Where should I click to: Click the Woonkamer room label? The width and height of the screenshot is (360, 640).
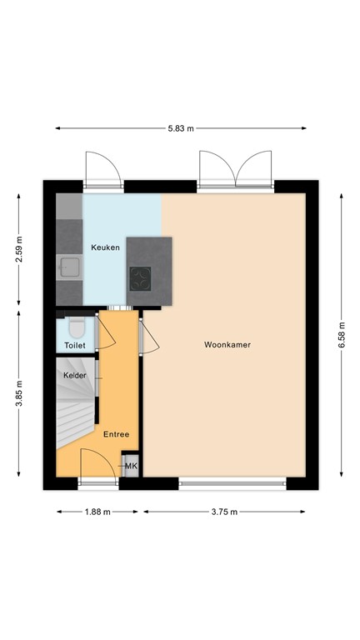(x=227, y=344)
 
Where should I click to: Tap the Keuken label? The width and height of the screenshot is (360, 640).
(x=105, y=247)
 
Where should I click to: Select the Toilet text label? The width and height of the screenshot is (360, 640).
(x=75, y=344)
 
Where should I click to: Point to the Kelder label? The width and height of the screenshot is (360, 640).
(x=75, y=375)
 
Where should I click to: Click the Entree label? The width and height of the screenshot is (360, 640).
(x=116, y=434)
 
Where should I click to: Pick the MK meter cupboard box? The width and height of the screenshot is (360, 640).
(x=130, y=466)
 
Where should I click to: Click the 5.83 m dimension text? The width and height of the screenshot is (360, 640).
(x=180, y=128)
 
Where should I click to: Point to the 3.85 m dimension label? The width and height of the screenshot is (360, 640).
(x=19, y=396)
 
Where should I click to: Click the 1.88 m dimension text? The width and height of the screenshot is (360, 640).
(x=97, y=512)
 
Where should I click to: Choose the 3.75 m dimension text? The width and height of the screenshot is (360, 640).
(x=223, y=512)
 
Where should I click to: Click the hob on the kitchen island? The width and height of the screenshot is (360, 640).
(x=140, y=278)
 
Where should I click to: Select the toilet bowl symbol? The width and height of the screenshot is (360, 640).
(x=76, y=327)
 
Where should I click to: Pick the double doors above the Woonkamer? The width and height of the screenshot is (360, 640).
(x=237, y=171)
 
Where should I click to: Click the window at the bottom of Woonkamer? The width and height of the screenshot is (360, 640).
(x=233, y=482)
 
